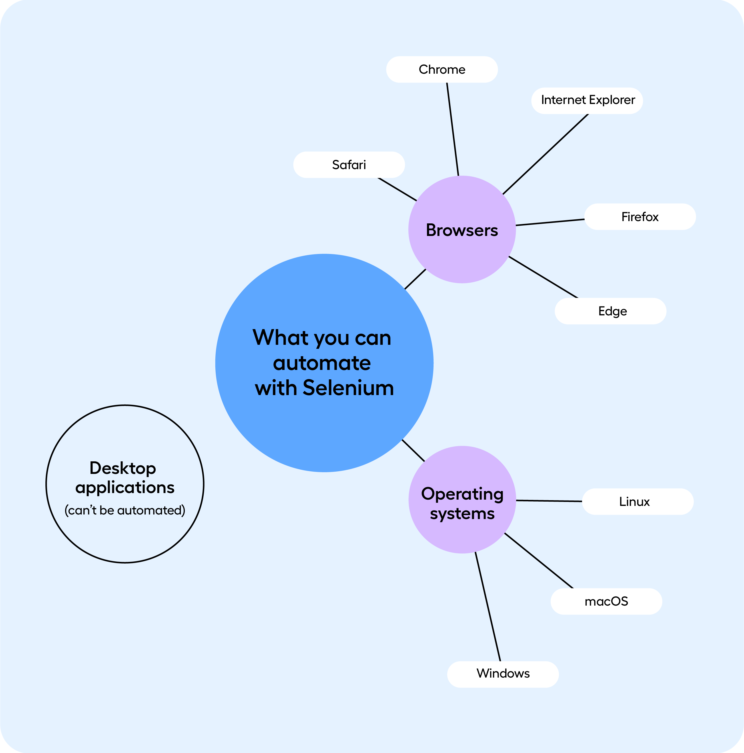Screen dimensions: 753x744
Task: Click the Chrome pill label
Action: coord(442,69)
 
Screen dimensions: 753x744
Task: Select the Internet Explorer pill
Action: coord(587,100)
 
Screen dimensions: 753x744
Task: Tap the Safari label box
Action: coord(349,165)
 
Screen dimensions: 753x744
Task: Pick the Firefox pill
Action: coord(639,217)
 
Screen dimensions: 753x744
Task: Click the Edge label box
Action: coord(610,311)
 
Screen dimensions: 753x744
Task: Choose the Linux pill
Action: coord(637,502)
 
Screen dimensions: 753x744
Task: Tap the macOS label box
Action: coord(606,601)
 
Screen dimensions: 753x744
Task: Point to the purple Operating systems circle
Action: coord(462,534)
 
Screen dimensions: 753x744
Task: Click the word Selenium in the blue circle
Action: coord(348,388)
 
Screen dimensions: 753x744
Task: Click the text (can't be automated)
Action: coord(125,510)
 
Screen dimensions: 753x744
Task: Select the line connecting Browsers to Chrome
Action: coord(452,129)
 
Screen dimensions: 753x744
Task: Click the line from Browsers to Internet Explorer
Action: coord(546,154)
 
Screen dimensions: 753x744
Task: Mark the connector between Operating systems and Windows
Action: coord(488,606)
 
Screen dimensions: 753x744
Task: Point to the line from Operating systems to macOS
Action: coord(539,560)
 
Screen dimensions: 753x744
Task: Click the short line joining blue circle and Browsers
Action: coord(415,279)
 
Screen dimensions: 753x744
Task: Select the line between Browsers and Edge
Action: coord(543,277)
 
